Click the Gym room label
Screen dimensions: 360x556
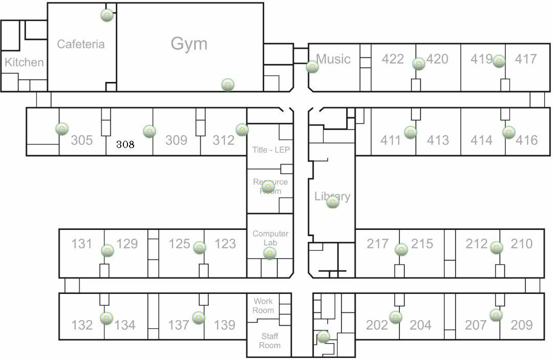click(189, 44)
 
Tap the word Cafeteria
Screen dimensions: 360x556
click(80, 44)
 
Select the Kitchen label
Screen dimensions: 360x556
click(24, 62)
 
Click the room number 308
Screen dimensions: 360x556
click(125, 144)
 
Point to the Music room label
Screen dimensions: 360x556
click(333, 59)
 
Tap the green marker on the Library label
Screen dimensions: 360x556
click(333, 202)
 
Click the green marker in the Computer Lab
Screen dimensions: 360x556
click(270, 253)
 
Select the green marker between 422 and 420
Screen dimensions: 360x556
click(419, 64)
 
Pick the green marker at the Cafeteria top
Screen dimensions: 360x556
click(107, 15)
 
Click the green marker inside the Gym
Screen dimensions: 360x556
click(228, 85)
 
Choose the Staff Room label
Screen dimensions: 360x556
click(269, 341)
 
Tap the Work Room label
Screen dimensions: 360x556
click(263, 306)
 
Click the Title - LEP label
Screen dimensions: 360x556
click(271, 150)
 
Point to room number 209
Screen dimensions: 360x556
click(522, 325)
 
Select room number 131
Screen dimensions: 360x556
click(81, 243)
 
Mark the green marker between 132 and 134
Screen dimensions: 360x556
click(106, 319)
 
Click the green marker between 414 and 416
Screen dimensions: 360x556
click(508, 133)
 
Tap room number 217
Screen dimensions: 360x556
click(377, 243)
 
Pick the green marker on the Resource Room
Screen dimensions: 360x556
click(268, 187)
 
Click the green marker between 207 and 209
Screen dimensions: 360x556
click(496, 315)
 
